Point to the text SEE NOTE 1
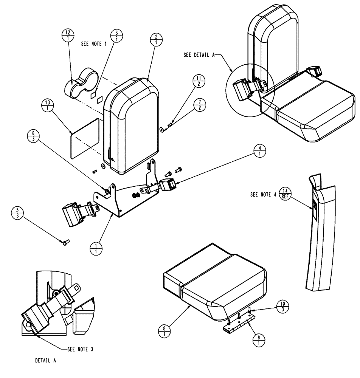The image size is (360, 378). tap(94, 44)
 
